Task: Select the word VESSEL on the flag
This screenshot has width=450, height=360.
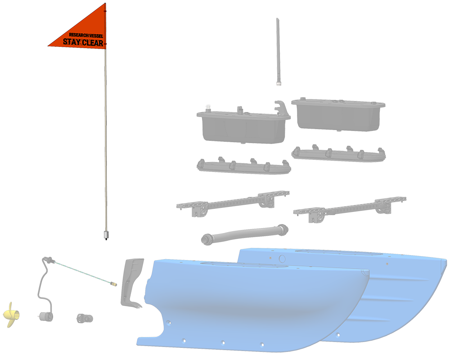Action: [96, 36]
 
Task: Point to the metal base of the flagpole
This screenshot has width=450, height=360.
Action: [106, 234]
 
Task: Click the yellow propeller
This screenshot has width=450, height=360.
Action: [12, 315]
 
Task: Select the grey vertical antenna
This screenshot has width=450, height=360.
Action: [278, 52]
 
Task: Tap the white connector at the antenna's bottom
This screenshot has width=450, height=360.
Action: [279, 84]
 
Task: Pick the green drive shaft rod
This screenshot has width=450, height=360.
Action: [83, 272]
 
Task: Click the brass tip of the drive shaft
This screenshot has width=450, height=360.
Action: [114, 284]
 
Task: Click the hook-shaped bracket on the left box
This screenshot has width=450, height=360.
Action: [281, 108]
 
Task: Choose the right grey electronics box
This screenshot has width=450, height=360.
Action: [338, 114]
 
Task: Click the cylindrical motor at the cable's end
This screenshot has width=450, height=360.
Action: [45, 317]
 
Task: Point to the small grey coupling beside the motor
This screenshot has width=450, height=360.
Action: [85, 318]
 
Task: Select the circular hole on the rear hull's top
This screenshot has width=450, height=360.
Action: [282, 259]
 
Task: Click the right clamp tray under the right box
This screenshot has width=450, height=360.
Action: [339, 153]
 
